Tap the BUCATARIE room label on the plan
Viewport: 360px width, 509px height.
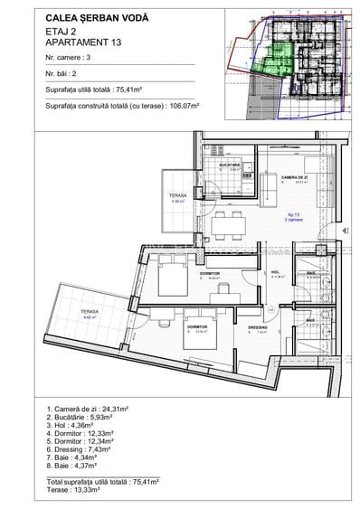(x=228, y=165)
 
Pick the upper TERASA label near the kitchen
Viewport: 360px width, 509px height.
(x=177, y=196)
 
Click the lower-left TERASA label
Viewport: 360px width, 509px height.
(x=89, y=312)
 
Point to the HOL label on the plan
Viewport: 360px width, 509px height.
(x=275, y=272)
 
